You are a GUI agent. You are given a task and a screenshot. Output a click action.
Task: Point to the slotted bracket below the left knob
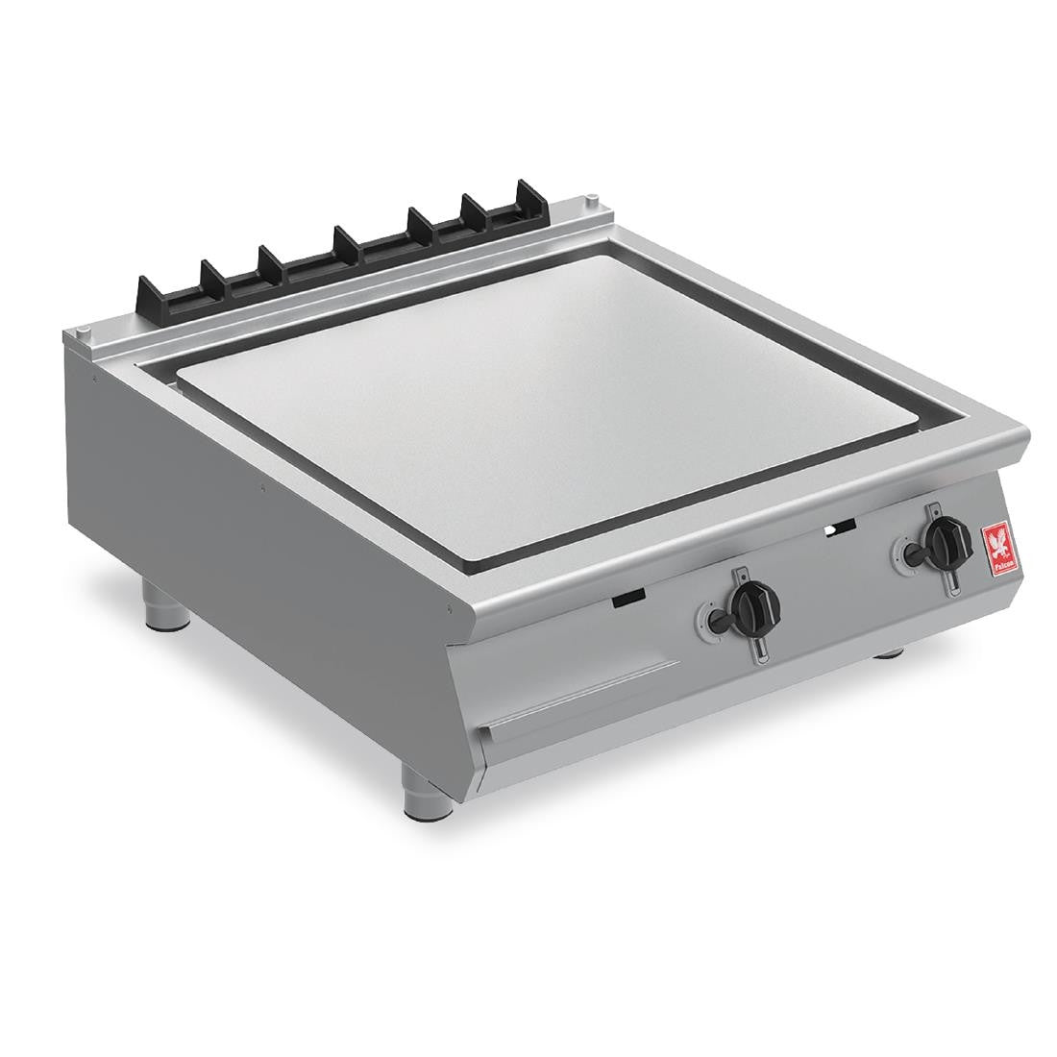758,648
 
